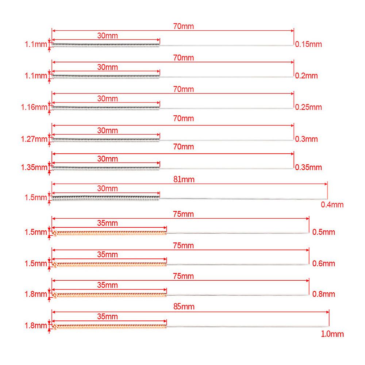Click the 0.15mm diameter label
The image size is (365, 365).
(x=308, y=45)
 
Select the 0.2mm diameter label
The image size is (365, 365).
(x=307, y=76)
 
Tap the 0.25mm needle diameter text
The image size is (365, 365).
(x=308, y=107)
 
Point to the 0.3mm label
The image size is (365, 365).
(x=307, y=139)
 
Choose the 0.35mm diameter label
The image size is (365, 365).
(x=308, y=168)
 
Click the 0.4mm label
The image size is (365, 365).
(x=332, y=205)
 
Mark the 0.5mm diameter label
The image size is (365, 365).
(x=324, y=232)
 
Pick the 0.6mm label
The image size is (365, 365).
(x=324, y=263)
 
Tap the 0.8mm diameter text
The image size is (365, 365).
(x=324, y=294)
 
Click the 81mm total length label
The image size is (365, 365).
(x=185, y=179)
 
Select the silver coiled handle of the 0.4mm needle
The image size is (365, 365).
(x=106, y=198)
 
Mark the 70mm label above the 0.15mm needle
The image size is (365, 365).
(x=184, y=26)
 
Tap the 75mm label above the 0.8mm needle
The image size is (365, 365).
(x=184, y=276)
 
